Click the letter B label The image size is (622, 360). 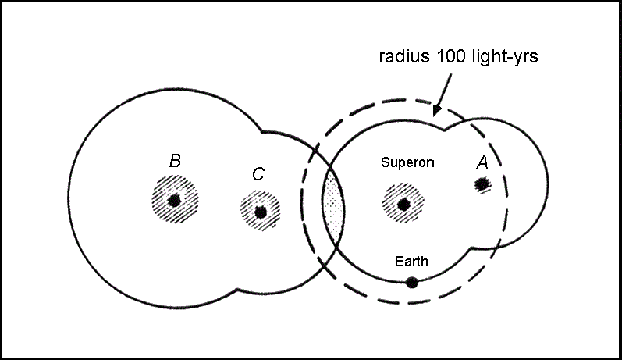(176, 162)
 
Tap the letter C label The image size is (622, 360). (258, 174)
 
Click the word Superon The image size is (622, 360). (407, 162)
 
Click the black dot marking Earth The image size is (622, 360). (412, 282)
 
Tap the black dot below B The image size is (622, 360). (175, 200)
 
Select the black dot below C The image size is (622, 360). (260, 211)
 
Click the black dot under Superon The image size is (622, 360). (403, 205)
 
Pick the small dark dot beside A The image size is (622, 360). (482, 184)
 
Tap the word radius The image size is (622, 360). (399, 57)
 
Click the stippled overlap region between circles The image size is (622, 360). (333, 208)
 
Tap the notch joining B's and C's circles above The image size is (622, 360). (264, 131)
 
